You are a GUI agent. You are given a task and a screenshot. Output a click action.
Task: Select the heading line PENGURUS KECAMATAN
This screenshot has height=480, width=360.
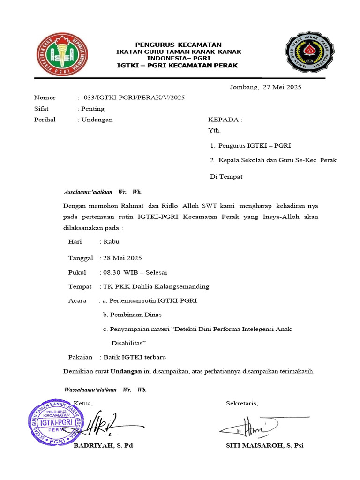[x=178, y=45]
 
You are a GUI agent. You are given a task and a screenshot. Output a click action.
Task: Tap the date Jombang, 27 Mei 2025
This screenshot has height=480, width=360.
[x=265, y=87]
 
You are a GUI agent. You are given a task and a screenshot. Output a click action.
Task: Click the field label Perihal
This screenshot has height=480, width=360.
[x=45, y=120]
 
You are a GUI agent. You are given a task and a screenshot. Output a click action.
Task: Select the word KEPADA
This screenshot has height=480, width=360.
[x=224, y=120]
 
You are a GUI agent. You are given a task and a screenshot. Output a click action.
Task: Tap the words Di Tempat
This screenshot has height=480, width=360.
[x=226, y=177]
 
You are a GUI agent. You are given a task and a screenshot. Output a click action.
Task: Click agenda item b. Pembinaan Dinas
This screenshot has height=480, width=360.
[x=132, y=315]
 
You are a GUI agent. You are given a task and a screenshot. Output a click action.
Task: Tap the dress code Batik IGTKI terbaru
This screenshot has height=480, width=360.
[x=135, y=357]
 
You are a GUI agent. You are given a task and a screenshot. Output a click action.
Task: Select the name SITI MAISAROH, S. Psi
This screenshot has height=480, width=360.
[x=264, y=445]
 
